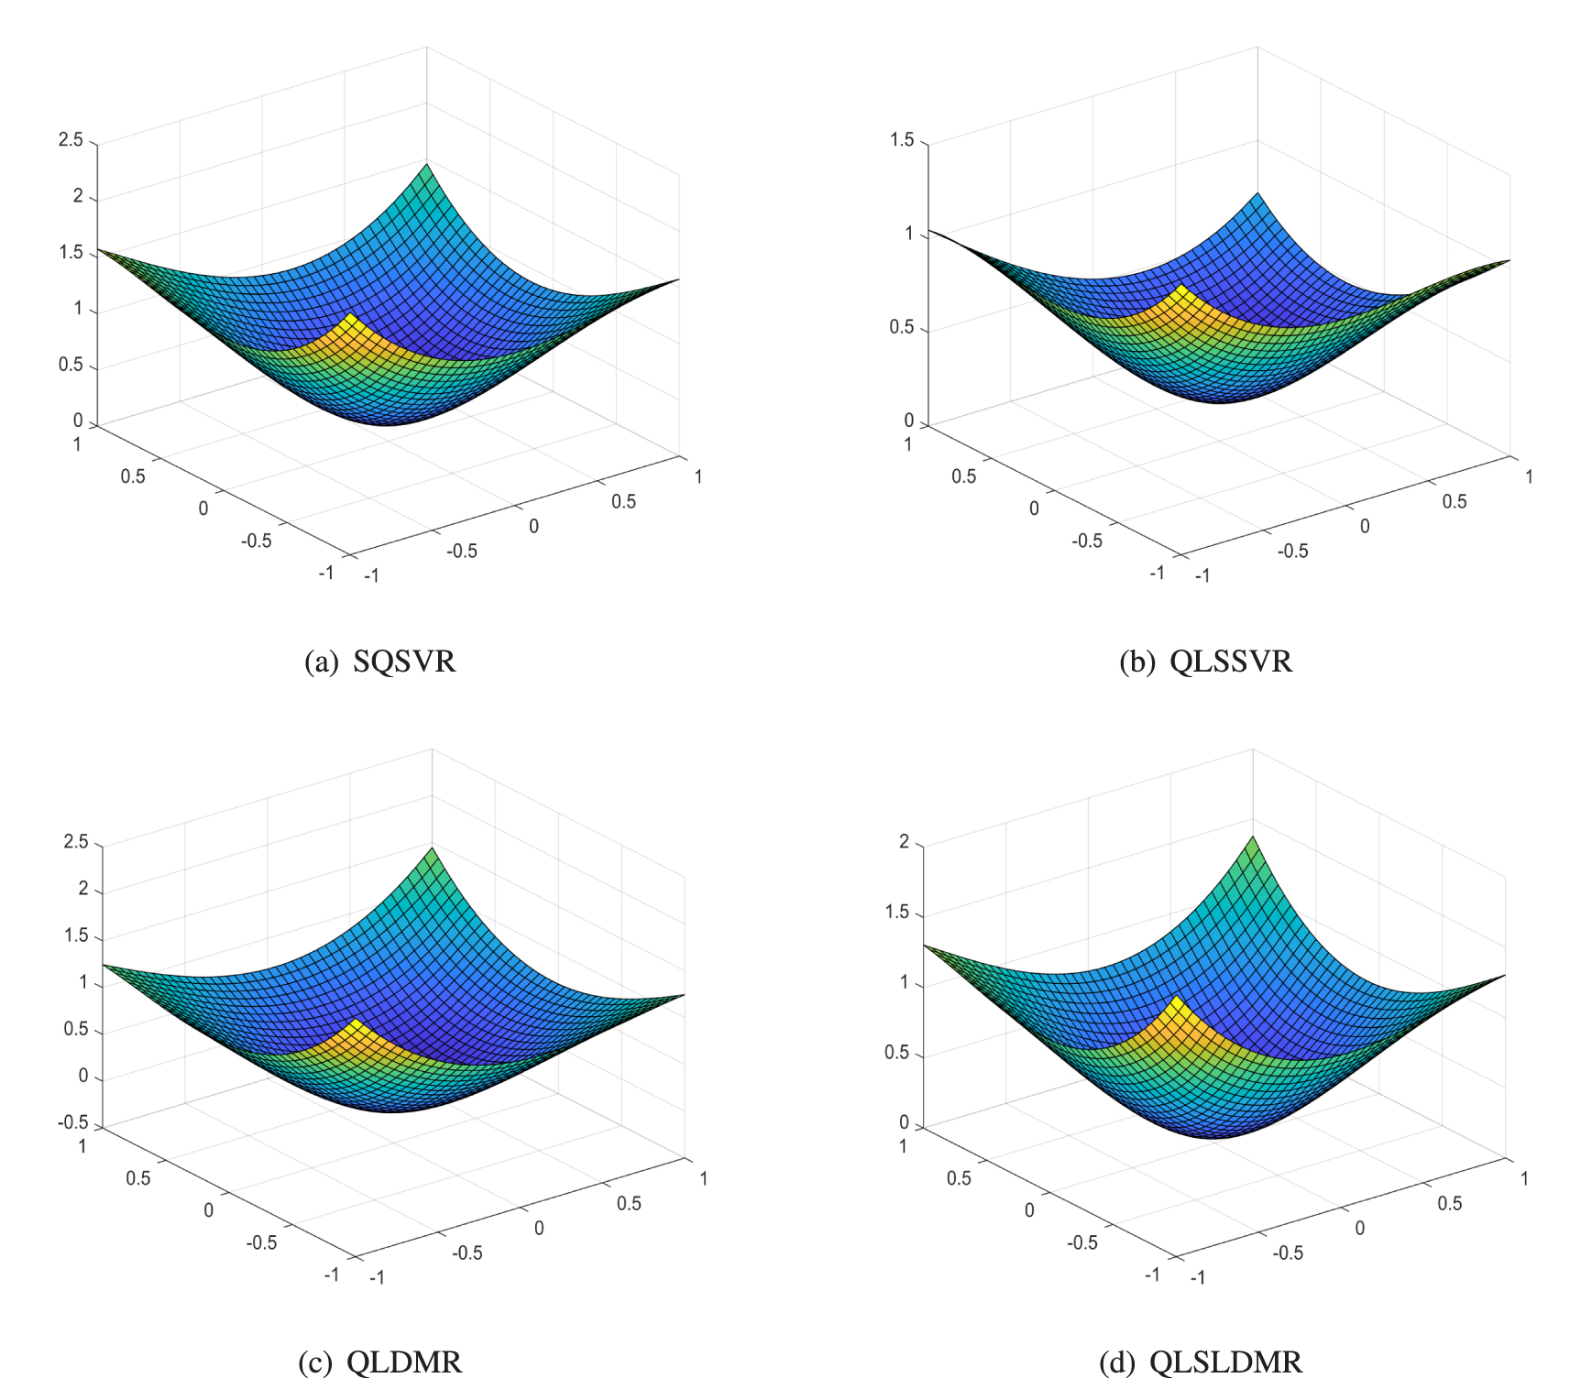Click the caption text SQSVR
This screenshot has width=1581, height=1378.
tap(404, 662)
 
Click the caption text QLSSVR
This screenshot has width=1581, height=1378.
tap(1231, 662)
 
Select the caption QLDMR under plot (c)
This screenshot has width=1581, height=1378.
tap(404, 1362)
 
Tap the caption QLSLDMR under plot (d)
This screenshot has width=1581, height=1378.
tap(1225, 1362)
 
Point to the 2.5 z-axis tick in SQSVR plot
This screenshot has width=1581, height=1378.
tap(71, 140)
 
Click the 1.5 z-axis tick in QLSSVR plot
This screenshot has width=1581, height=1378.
tap(902, 140)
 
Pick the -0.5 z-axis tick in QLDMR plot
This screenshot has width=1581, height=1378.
tap(73, 1122)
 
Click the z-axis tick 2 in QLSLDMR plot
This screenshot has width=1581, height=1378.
tap(904, 842)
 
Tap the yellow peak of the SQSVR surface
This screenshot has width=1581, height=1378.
tap(349, 317)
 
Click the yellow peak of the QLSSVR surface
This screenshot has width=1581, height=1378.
tap(1181, 289)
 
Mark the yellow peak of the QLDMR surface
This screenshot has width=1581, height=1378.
tap(355, 1022)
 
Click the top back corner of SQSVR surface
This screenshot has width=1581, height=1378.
tap(426, 166)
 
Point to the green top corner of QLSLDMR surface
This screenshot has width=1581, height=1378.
tap(1253, 837)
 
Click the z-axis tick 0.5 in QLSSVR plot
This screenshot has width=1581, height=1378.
tap(902, 328)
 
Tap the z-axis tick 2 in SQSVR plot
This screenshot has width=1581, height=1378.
tap(78, 196)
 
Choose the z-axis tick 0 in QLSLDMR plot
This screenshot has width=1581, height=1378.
tap(904, 1122)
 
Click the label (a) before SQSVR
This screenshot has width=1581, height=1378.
tap(322, 662)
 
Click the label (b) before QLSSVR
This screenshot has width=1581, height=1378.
tap(1136, 662)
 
